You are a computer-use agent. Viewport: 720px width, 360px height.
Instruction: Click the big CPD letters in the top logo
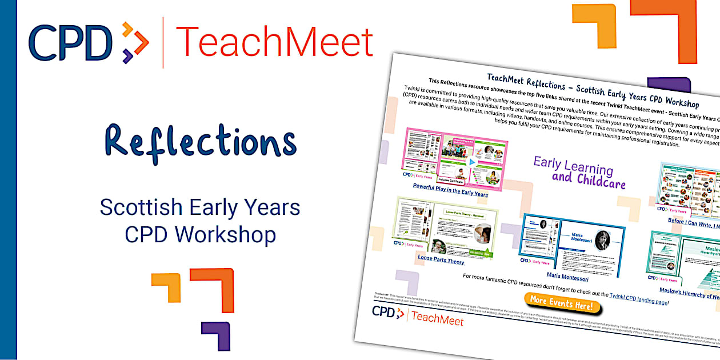71,43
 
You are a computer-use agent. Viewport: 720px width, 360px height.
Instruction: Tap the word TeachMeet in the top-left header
274,43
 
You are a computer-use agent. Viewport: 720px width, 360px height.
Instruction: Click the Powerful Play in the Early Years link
450,190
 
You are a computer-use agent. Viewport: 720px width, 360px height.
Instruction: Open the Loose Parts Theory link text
441,259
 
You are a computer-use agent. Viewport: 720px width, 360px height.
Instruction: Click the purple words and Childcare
589,181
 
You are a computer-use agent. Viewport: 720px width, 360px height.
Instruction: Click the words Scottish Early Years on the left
200,207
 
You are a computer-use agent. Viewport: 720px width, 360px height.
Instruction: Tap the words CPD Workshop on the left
200,234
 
